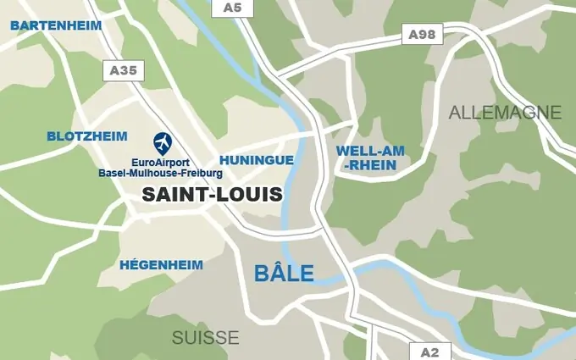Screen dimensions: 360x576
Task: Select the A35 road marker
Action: [x=123, y=71]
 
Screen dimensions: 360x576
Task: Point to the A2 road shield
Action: [x=429, y=352]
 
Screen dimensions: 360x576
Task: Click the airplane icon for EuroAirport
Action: [x=162, y=142]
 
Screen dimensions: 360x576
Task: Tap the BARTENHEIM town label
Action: [x=56, y=25]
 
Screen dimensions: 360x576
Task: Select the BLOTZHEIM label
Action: [x=87, y=136]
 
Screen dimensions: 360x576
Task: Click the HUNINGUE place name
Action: [x=257, y=159]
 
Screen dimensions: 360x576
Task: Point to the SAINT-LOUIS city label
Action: [x=212, y=194]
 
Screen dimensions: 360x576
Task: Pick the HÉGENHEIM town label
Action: [x=161, y=264]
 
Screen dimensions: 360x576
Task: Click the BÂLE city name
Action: [x=285, y=274]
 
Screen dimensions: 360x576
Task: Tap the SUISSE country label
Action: [x=205, y=337]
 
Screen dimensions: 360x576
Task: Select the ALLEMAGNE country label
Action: [x=505, y=112]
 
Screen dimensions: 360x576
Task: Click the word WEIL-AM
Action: [x=370, y=151]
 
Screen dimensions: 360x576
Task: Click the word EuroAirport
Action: [x=161, y=162]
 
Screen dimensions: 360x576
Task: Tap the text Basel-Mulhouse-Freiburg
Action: [x=160, y=173]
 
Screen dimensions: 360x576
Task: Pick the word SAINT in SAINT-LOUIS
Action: [x=170, y=194]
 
